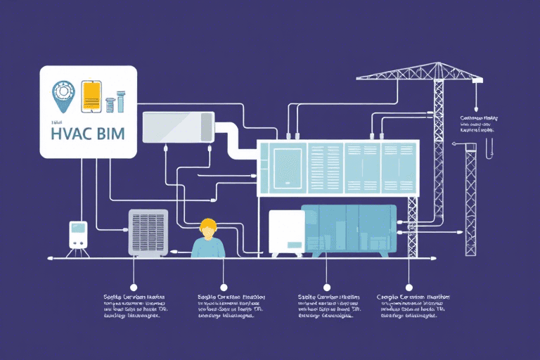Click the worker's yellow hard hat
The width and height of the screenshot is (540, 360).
coord(207,225)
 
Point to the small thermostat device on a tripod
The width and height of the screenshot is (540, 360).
coord(77,233)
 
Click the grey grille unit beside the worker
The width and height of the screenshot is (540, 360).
coord(148,231)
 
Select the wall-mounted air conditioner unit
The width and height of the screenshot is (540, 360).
coord(178,127)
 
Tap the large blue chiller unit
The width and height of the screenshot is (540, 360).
coord(349,231)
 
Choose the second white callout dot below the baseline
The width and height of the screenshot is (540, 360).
coord(224,286)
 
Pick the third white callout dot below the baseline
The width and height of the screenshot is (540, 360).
coord(326,286)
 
